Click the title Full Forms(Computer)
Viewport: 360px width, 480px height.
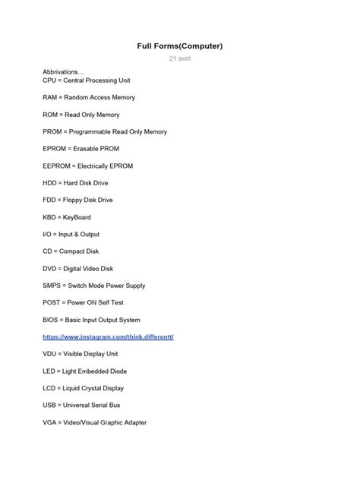(x=180, y=46)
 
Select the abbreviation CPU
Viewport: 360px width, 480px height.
(x=51, y=81)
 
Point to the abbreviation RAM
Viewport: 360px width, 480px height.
(x=52, y=97)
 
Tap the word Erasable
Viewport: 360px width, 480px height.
(x=85, y=149)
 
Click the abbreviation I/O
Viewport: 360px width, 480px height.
(x=49, y=235)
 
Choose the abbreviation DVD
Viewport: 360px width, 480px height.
(x=51, y=269)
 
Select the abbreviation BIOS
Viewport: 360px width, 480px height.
(x=52, y=320)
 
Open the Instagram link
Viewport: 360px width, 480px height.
(x=109, y=337)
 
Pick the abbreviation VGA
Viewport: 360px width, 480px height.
(x=51, y=423)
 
